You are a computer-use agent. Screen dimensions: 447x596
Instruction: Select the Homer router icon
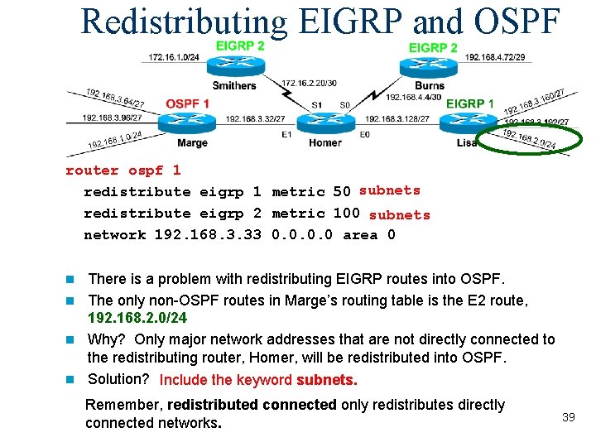point(325,121)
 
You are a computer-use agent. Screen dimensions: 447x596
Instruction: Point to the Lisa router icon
point(466,123)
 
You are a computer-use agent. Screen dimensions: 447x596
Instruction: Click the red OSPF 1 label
point(187,103)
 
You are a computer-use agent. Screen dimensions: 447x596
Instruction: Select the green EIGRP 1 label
point(470,103)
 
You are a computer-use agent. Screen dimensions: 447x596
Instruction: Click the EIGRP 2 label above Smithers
point(240,46)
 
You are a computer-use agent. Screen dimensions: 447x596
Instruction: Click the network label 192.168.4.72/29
point(494,57)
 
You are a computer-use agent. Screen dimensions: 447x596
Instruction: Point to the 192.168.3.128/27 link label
point(397,119)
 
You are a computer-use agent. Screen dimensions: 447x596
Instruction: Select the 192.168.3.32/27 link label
point(255,119)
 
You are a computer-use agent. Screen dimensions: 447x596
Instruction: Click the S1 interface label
point(317,105)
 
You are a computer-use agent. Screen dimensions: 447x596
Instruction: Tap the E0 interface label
point(364,134)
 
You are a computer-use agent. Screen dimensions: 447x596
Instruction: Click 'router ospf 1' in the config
point(123,171)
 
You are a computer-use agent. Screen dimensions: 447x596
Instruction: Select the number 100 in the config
point(346,214)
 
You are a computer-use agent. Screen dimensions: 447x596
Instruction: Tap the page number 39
point(568,417)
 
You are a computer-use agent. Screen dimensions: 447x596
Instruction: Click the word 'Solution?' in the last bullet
point(118,379)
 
